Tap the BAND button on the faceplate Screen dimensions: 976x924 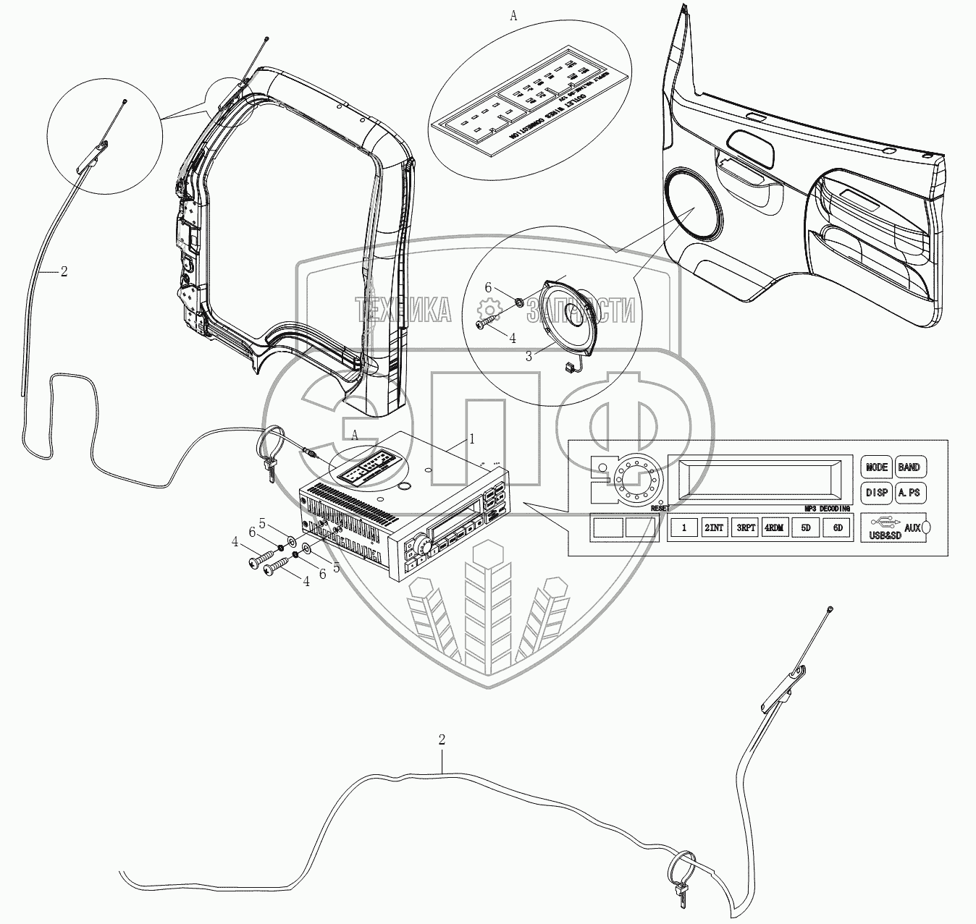(x=909, y=467)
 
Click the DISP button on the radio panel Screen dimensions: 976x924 (x=876, y=493)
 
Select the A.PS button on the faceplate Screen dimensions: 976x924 (x=909, y=493)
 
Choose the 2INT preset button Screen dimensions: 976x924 (x=714, y=528)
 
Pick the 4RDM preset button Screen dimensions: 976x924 (x=773, y=528)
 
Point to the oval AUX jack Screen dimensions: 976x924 (x=927, y=528)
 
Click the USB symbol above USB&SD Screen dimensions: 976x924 (x=881, y=521)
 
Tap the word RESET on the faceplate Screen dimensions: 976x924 (x=660, y=509)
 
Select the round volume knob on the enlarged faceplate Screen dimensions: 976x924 (x=628, y=475)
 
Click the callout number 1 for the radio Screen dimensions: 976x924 (x=472, y=438)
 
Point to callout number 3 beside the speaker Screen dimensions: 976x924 (x=529, y=355)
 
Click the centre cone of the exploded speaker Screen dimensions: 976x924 (x=579, y=319)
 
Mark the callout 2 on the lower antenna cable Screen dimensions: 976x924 (x=442, y=739)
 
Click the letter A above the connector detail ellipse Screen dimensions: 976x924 (x=514, y=16)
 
